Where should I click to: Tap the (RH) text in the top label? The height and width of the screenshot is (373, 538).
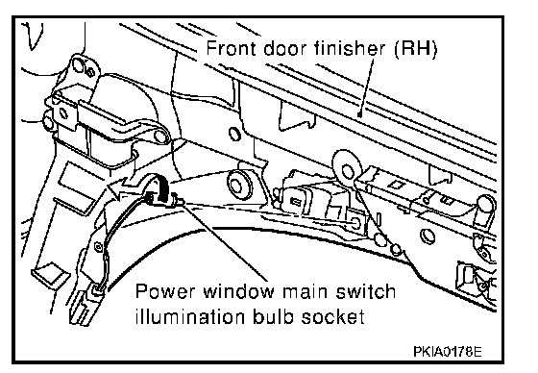[415, 49]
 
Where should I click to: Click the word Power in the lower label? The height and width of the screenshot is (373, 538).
[165, 291]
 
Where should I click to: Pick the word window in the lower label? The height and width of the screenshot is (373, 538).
[239, 291]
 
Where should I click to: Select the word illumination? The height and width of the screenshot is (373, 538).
[190, 316]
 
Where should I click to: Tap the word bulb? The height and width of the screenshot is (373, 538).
[274, 316]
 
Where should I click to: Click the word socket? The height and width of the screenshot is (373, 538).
[332, 316]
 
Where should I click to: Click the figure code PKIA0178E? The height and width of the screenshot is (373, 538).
[448, 352]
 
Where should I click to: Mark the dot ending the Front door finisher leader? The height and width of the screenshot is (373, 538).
[359, 114]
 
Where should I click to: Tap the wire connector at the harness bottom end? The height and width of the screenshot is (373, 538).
[97, 290]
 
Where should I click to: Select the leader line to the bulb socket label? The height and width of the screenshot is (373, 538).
[224, 241]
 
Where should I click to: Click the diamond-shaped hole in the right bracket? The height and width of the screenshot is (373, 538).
[396, 185]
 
